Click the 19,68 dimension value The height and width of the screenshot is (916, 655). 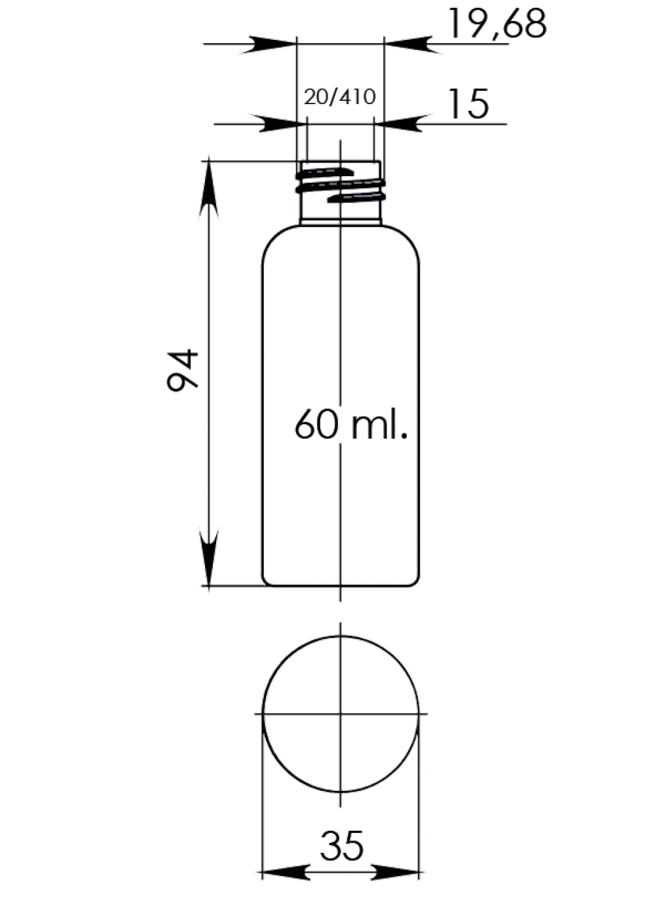(x=498, y=24)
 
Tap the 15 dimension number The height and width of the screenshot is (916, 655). (x=469, y=103)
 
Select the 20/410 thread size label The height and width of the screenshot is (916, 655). (x=339, y=98)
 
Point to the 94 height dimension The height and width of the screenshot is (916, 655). (x=183, y=370)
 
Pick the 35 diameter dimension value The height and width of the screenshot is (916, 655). (x=342, y=845)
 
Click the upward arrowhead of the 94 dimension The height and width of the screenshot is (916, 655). (x=209, y=188)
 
